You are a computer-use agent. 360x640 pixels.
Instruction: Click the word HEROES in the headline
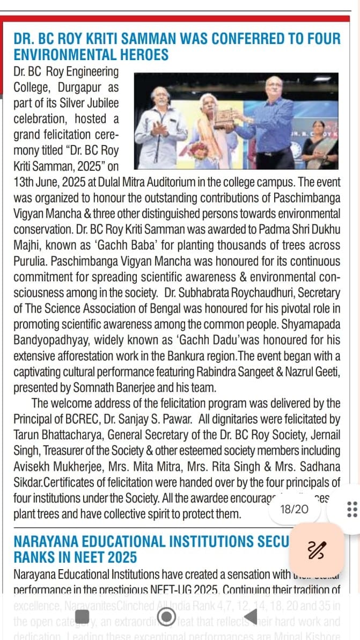coord(140,55)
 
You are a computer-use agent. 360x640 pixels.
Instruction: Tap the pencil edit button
coord(317,549)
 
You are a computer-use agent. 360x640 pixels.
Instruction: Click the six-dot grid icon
coord(352,509)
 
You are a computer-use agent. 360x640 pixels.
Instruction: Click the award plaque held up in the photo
coord(225,118)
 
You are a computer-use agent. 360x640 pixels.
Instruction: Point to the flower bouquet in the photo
coord(200,150)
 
